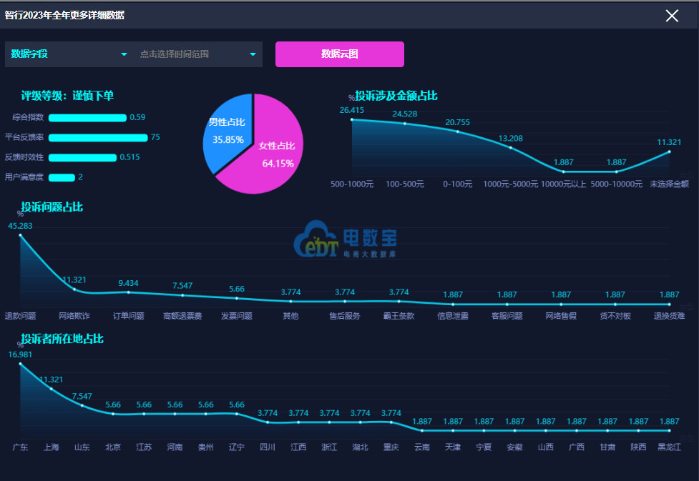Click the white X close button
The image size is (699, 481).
pos(672,16)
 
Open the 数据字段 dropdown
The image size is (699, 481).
pos(69,54)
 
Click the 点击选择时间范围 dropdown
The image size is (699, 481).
pos(197,54)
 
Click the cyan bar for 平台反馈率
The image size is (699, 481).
pos(98,138)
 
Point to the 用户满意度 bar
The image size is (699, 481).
pos(62,177)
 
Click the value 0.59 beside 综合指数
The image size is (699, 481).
pos(137,117)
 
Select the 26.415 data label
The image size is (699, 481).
pos(352,110)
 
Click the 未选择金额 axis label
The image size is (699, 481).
pos(668,184)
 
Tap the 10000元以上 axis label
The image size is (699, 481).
pos(563,184)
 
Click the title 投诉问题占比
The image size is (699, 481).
pos(52,207)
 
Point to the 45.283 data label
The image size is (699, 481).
pos(20,226)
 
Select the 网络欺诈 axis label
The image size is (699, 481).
pos(74,316)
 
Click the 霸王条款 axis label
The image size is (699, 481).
pos(399,316)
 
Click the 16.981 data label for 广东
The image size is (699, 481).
pos(20,354)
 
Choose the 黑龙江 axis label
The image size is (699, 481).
pos(669,447)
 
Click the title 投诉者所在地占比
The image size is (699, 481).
pos(62,339)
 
